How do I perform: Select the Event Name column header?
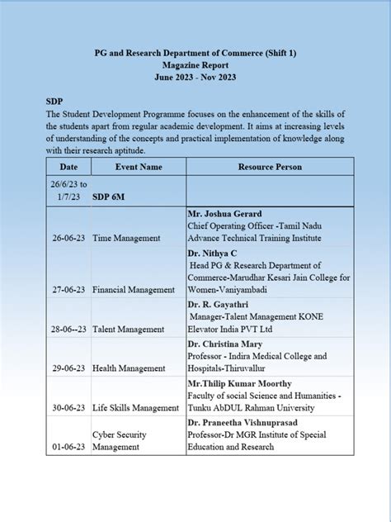click(x=138, y=167)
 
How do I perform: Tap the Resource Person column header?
click(x=269, y=167)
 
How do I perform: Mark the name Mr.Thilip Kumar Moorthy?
click(x=240, y=383)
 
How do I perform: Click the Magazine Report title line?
click(x=195, y=64)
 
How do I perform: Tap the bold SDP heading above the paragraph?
click(x=54, y=98)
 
